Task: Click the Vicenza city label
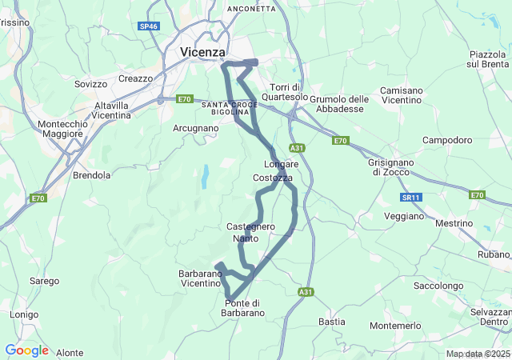point(203,52)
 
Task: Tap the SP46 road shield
point(149,26)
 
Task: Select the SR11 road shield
point(411,197)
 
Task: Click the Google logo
point(26,350)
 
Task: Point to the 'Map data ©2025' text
point(477,354)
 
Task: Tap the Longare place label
point(281,164)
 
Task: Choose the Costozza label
point(273,178)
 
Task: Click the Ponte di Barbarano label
point(244,307)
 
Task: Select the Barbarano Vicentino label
point(199,278)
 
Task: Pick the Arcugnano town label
point(195,128)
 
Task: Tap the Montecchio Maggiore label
point(60,129)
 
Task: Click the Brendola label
point(91,174)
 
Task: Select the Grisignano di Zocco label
point(391,166)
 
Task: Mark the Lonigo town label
point(24,314)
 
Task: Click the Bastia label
point(332,322)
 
